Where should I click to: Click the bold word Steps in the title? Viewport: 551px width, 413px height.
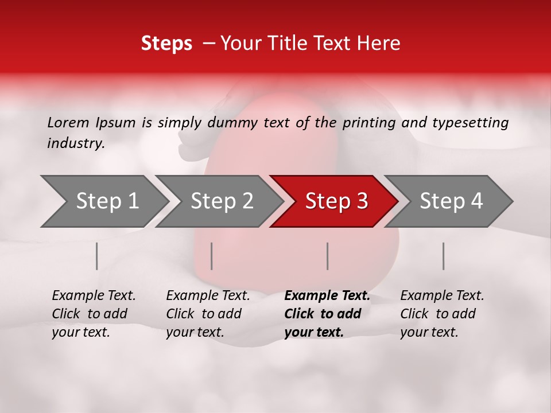[166, 44]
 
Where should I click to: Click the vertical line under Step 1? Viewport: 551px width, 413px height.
[97, 256]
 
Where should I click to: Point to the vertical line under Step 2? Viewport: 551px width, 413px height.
[212, 256]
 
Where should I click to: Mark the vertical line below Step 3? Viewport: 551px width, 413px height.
[328, 256]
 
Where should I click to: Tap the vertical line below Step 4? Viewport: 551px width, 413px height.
[444, 256]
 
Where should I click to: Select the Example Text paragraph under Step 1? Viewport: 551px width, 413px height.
[94, 314]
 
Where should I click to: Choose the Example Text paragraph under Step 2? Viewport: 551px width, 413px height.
[208, 314]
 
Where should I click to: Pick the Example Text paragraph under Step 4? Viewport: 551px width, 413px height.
[442, 314]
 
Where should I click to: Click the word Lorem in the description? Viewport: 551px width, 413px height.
[68, 123]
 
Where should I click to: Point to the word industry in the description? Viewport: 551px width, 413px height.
[75, 143]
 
